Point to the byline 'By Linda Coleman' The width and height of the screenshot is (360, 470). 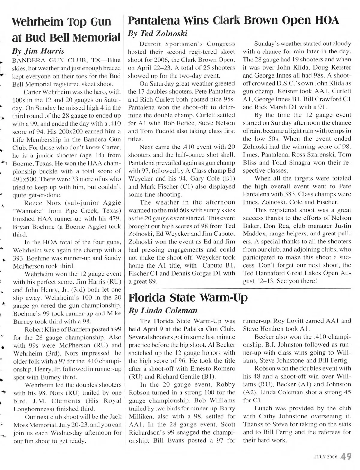163,310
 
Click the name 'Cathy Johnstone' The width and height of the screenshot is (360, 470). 283,416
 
